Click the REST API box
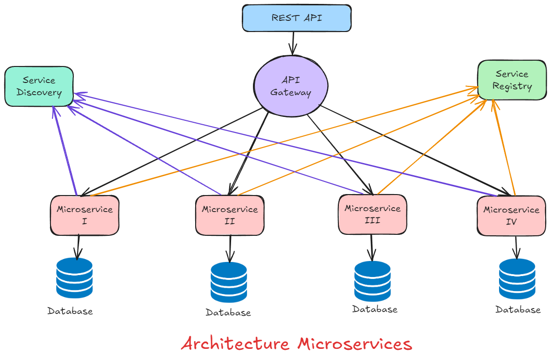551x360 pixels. pos(296,18)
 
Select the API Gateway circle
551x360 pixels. pos(290,86)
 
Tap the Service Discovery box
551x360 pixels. pos(39,86)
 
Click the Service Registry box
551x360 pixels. pos(512,80)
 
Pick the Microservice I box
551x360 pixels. pos(84,215)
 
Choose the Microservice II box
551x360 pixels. pos(230,215)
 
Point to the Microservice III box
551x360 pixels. pos(372,214)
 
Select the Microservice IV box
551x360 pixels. pos(511,216)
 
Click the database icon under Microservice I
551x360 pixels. pos(74,278)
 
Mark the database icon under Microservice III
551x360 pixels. pos(372,281)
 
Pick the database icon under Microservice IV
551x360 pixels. pos(517,279)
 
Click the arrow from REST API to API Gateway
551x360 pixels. pos(293,43)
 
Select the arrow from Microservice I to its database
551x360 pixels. pos(77,246)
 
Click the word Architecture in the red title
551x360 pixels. pos(235,344)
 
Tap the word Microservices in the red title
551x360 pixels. pos(354,344)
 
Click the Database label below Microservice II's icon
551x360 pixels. pos(228,313)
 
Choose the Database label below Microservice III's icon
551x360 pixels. pos(374,309)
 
